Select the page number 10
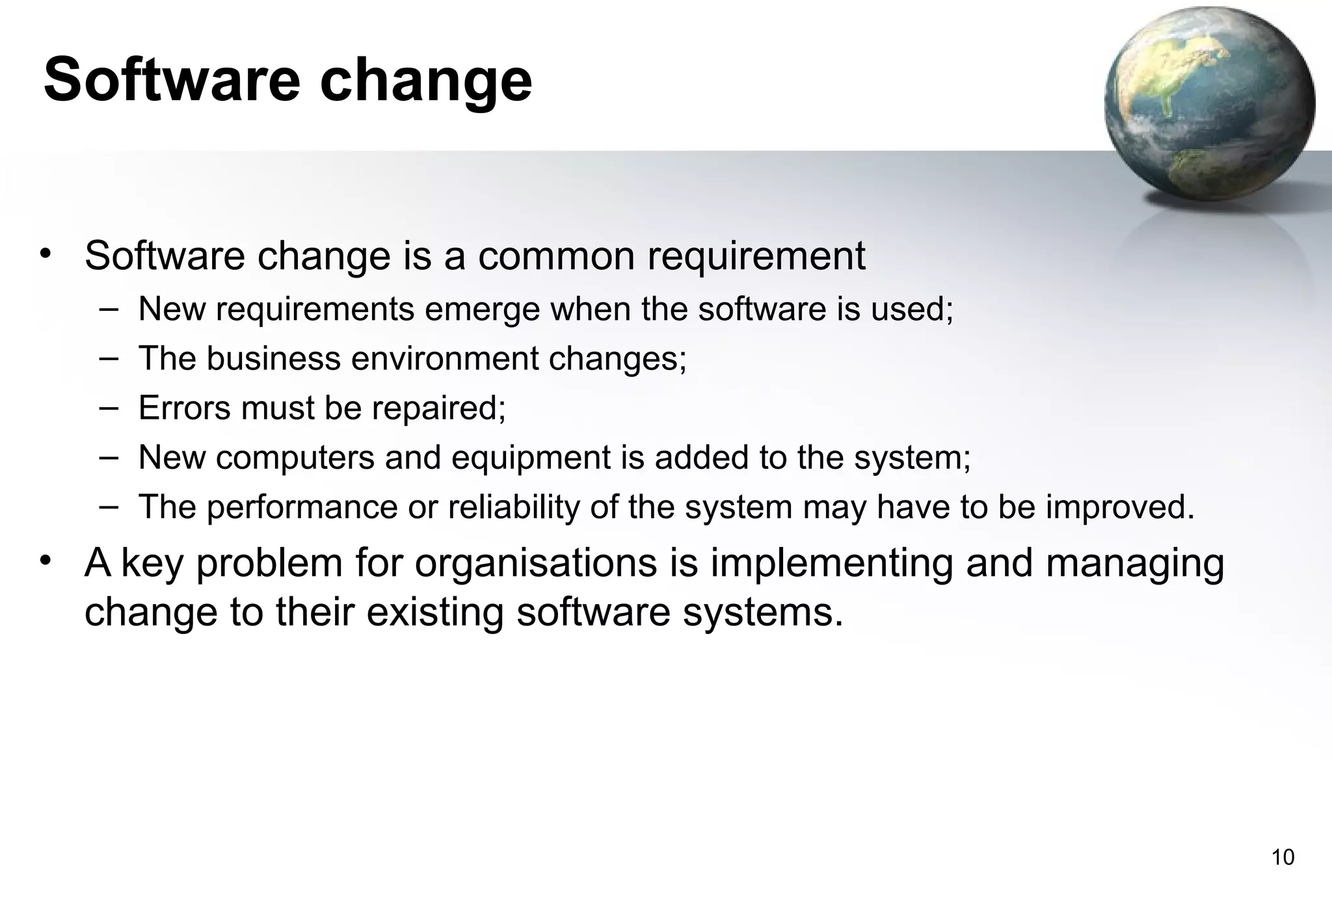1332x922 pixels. [x=1283, y=858]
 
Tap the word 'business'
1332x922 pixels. [x=273, y=358]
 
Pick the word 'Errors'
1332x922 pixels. [x=184, y=408]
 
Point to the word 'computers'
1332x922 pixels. [x=295, y=458]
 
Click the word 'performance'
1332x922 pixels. [x=302, y=508]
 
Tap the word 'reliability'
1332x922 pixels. [x=514, y=508]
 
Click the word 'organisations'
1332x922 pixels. [x=537, y=564]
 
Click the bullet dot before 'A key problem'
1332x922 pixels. [x=44, y=560]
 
